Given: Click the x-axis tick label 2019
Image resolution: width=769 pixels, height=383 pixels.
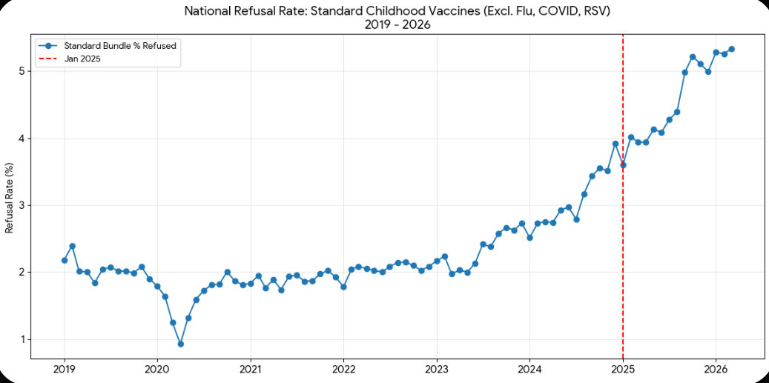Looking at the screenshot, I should [x=65, y=368].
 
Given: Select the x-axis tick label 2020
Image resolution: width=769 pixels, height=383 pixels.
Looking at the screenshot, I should [x=157, y=368].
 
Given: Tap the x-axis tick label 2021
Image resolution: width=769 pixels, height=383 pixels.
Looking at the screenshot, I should [x=251, y=368].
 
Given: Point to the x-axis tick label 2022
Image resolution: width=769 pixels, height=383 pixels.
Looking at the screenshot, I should [x=343, y=368].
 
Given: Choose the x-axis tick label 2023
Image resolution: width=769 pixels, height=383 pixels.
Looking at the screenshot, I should [x=437, y=368].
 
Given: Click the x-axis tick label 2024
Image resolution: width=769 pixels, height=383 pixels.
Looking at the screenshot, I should [x=529, y=368].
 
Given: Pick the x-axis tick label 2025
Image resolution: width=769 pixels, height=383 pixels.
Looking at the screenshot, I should [x=623, y=368].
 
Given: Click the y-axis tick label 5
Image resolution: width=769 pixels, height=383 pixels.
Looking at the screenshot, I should [x=23, y=71].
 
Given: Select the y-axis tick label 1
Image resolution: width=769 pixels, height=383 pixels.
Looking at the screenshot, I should [x=23, y=339].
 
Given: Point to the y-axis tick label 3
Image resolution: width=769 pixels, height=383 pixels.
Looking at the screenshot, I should [x=23, y=205].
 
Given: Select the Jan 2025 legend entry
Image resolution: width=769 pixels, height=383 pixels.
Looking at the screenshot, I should [x=82, y=59].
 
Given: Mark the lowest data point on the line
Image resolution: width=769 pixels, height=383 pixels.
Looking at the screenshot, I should [x=180, y=344].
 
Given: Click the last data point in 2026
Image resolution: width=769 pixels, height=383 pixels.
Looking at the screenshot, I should [x=731, y=49].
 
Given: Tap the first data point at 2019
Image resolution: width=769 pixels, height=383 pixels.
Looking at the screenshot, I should [x=65, y=260].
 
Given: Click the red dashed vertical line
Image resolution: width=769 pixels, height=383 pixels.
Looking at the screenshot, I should [x=623, y=222].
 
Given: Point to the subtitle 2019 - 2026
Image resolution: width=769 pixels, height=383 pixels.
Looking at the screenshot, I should [x=397, y=24].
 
